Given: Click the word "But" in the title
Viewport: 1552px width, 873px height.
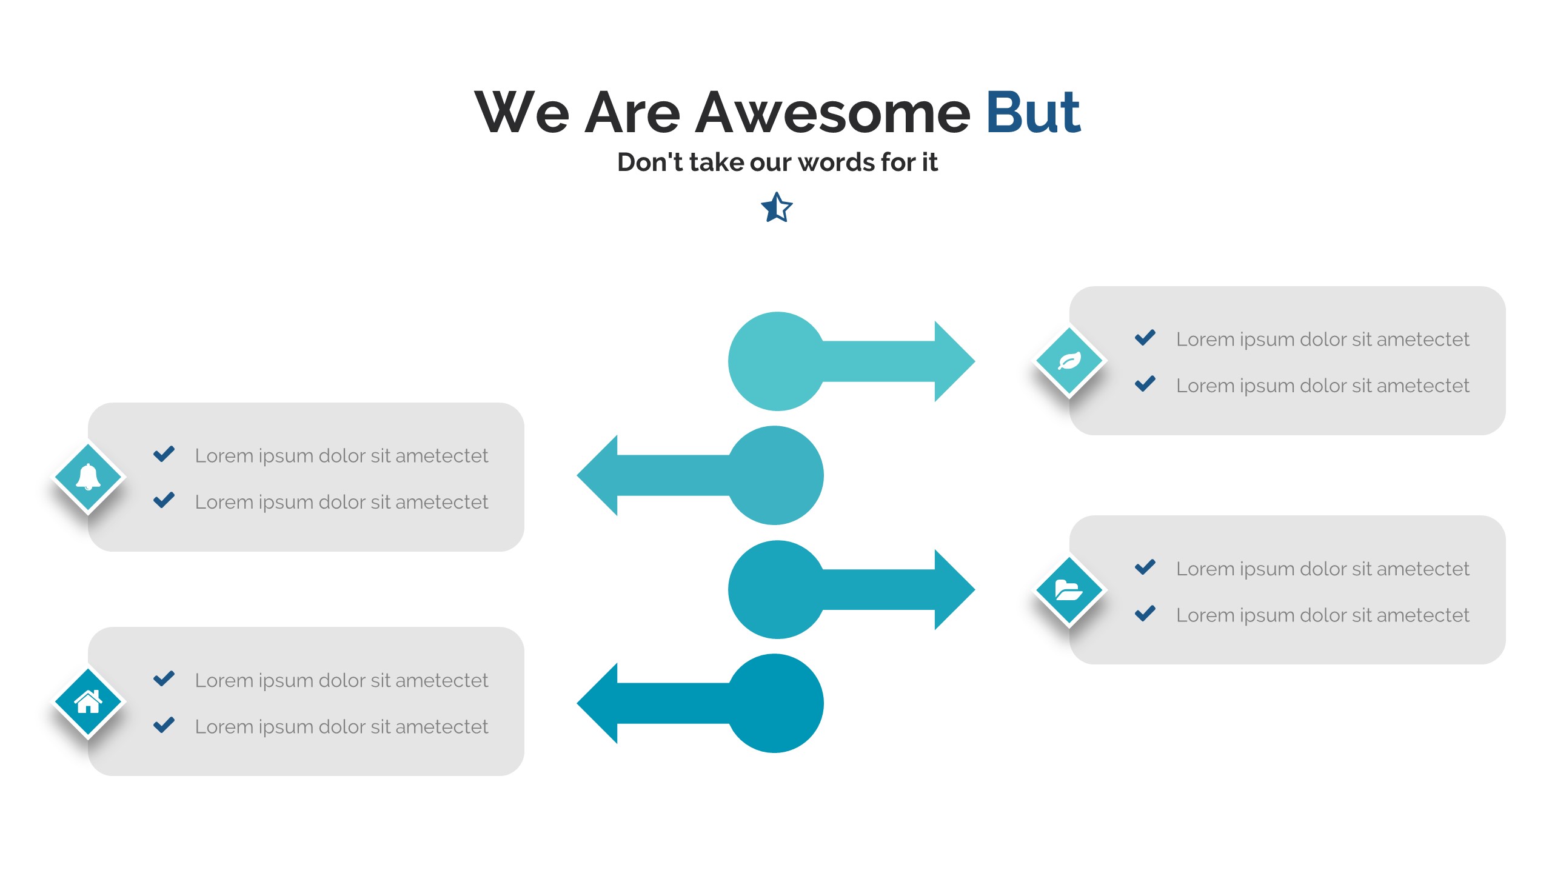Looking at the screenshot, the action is (x=1033, y=112).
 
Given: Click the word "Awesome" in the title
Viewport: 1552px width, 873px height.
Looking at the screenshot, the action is (x=833, y=112).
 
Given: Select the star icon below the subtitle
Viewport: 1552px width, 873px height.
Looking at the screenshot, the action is (x=777, y=207).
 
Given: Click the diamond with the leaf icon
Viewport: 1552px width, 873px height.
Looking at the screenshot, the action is (x=1069, y=361).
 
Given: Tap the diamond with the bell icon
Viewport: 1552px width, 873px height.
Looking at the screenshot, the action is (x=89, y=478).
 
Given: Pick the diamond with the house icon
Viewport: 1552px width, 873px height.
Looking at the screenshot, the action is (x=89, y=702).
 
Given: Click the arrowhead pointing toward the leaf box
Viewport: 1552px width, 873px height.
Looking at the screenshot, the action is (x=955, y=361).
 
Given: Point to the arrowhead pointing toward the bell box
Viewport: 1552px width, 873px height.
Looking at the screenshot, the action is (x=597, y=475).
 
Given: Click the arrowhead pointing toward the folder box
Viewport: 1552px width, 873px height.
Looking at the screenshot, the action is (x=955, y=590).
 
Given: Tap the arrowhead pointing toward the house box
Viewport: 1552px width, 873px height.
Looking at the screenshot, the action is (x=597, y=703).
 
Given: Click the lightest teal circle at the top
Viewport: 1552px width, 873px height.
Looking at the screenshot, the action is (x=777, y=361).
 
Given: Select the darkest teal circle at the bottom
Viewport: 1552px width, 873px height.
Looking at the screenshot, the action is (x=775, y=703).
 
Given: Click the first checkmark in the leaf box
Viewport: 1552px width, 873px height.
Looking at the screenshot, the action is (x=1145, y=338).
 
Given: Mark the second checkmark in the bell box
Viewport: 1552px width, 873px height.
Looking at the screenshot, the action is (x=164, y=500).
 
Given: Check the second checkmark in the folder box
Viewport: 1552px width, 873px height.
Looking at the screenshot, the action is (x=1145, y=614).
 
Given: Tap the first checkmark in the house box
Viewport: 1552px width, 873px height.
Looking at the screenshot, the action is (x=164, y=678).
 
